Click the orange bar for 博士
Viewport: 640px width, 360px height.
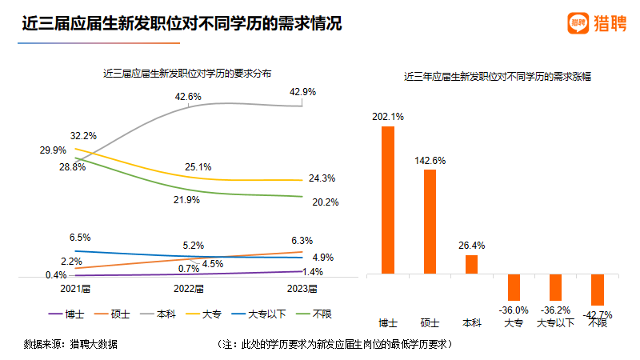click(388, 200)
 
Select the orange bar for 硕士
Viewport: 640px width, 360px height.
click(430, 222)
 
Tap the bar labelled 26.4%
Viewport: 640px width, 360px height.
click(471, 264)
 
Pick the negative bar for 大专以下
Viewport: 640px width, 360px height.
click(555, 287)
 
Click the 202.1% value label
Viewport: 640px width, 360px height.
click(388, 117)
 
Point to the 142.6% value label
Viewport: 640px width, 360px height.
click(430, 161)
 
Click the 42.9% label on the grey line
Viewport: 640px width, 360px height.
click(302, 92)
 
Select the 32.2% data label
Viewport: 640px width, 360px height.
click(83, 135)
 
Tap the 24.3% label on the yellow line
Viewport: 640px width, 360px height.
click(322, 178)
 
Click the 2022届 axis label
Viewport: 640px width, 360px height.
click(189, 288)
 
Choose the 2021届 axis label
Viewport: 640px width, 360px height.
click(74, 288)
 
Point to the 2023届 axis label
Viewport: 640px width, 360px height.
click(302, 288)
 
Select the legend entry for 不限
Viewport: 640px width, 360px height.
click(317, 314)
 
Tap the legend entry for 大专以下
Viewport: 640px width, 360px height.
click(258, 314)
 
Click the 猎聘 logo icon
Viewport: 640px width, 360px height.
click(578, 24)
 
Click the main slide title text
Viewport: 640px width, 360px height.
click(182, 24)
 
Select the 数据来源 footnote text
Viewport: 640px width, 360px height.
click(70, 345)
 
